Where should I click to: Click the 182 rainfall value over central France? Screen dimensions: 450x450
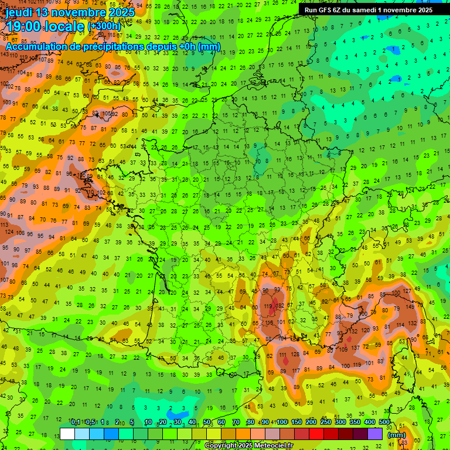(281, 306)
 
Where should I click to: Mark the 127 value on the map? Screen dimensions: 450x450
(407, 291)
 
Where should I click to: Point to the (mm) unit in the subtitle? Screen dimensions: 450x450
(209, 46)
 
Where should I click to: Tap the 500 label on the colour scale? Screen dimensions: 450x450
(384, 422)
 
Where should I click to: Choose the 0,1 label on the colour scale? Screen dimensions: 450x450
(76, 422)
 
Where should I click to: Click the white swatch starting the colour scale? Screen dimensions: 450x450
(67, 434)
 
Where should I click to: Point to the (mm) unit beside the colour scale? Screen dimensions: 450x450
(397, 435)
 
